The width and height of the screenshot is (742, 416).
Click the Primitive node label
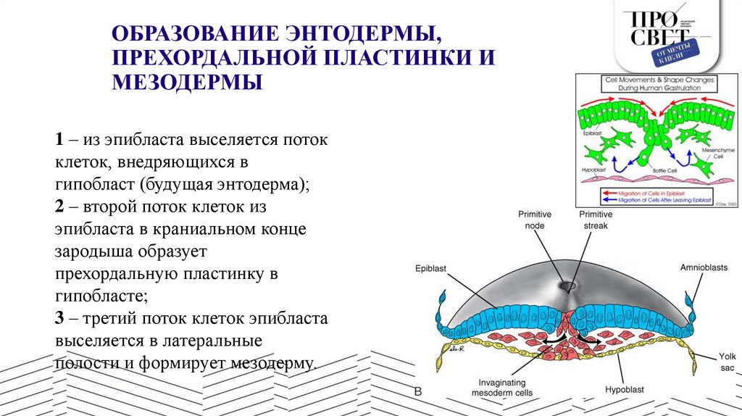click(x=535, y=220)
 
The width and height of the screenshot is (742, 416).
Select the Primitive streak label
click(x=596, y=220)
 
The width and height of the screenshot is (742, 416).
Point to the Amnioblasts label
click(x=704, y=267)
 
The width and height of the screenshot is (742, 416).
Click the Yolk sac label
click(x=727, y=362)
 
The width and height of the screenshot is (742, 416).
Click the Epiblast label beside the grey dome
click(x=430, y=268)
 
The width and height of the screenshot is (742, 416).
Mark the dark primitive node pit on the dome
click(x=567, y=287)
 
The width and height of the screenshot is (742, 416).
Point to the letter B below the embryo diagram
click(x=417, y=392)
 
